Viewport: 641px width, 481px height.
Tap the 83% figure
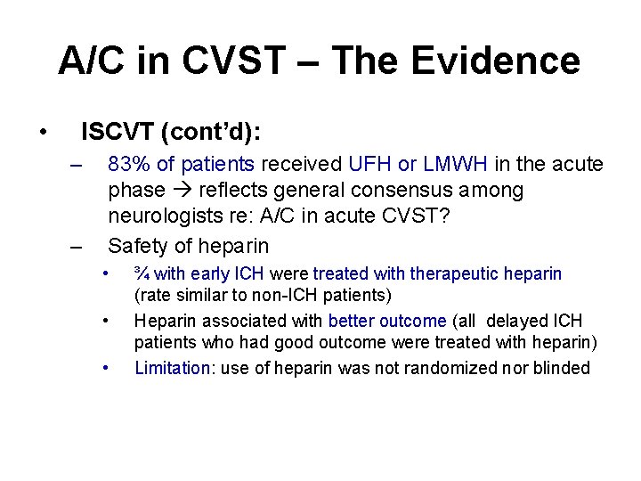(128, 164)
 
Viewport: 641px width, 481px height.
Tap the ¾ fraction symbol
(142, 274)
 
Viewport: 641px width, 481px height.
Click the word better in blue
(352, 321)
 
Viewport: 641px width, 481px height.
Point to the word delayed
(526, 321)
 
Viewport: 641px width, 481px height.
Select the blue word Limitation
(170, 367)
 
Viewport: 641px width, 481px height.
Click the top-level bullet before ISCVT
(43, 134)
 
